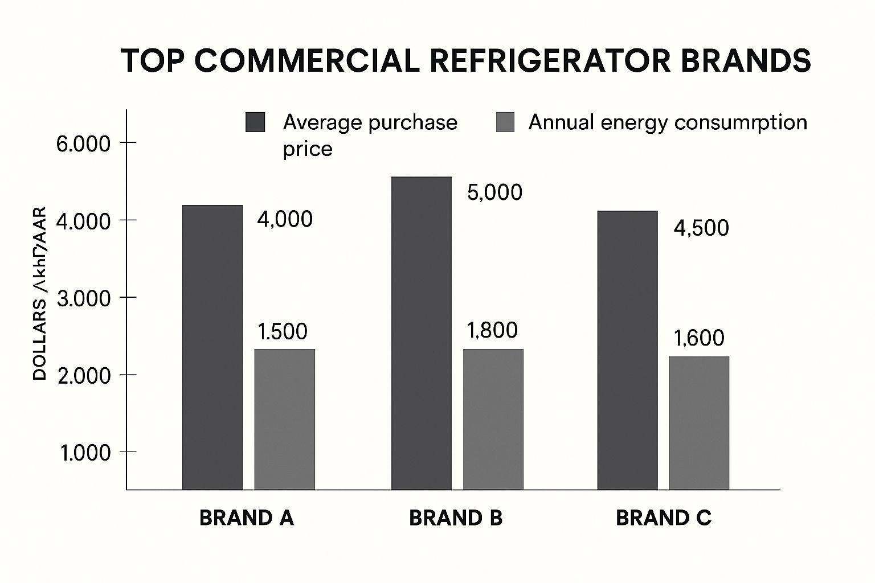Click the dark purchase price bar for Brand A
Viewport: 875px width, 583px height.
[212, 347]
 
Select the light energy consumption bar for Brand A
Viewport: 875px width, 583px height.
[284, 419]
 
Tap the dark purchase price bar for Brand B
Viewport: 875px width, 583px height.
[422, 333]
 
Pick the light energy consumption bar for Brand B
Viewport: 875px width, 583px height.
[493, 419]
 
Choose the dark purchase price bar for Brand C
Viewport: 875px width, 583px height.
[627, 350]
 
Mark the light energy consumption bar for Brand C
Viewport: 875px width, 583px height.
[699, 422]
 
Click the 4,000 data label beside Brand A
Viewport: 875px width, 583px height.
[285, 219]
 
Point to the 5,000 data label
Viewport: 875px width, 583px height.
[494, 192]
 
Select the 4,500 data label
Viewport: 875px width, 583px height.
[701, 228]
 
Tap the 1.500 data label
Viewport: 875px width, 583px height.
[283, 331]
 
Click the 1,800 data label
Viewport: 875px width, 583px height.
[492, 330]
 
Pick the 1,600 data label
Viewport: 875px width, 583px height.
[699, 338]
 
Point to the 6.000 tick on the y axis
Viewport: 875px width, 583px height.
[83, 143]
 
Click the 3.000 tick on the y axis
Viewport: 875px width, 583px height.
[84, 298]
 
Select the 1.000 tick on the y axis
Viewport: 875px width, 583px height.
[84, 453]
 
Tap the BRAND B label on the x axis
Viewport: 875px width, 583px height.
[456, 518]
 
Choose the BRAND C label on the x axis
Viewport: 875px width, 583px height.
[664, 518]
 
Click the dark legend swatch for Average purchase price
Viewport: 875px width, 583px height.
[255, 122]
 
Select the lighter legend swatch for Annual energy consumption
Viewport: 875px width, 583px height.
[505, 122]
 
